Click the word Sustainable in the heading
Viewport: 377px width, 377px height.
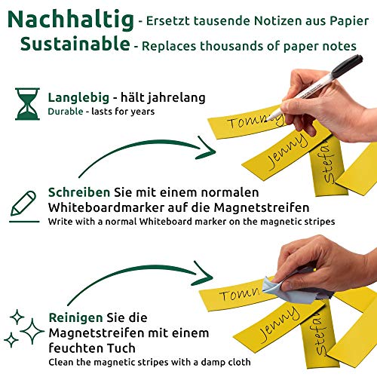tap(75, 44)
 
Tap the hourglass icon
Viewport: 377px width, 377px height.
tap(27, 104)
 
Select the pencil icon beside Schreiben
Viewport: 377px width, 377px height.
tap(23, 203)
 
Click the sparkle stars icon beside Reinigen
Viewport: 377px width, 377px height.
tap(24, 326)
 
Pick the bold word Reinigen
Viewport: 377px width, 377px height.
tap(75, 318)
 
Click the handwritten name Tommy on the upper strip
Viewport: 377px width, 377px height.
tap(252, 123)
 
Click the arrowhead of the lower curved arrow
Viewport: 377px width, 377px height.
tap(202, 269)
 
